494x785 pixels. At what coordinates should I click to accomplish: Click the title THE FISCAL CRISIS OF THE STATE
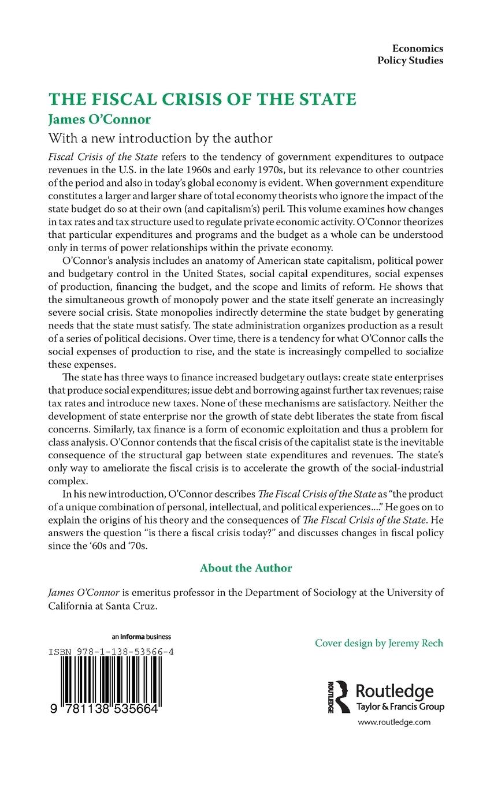point(202,99)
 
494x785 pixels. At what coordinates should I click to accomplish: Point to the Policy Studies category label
point(410,61)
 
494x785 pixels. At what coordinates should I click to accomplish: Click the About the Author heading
point(246,568)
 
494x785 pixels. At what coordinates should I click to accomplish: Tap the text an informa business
point(142,637)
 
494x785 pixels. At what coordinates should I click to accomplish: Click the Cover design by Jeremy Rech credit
point(379,643)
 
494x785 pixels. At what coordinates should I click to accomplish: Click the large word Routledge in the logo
point(394,691)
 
